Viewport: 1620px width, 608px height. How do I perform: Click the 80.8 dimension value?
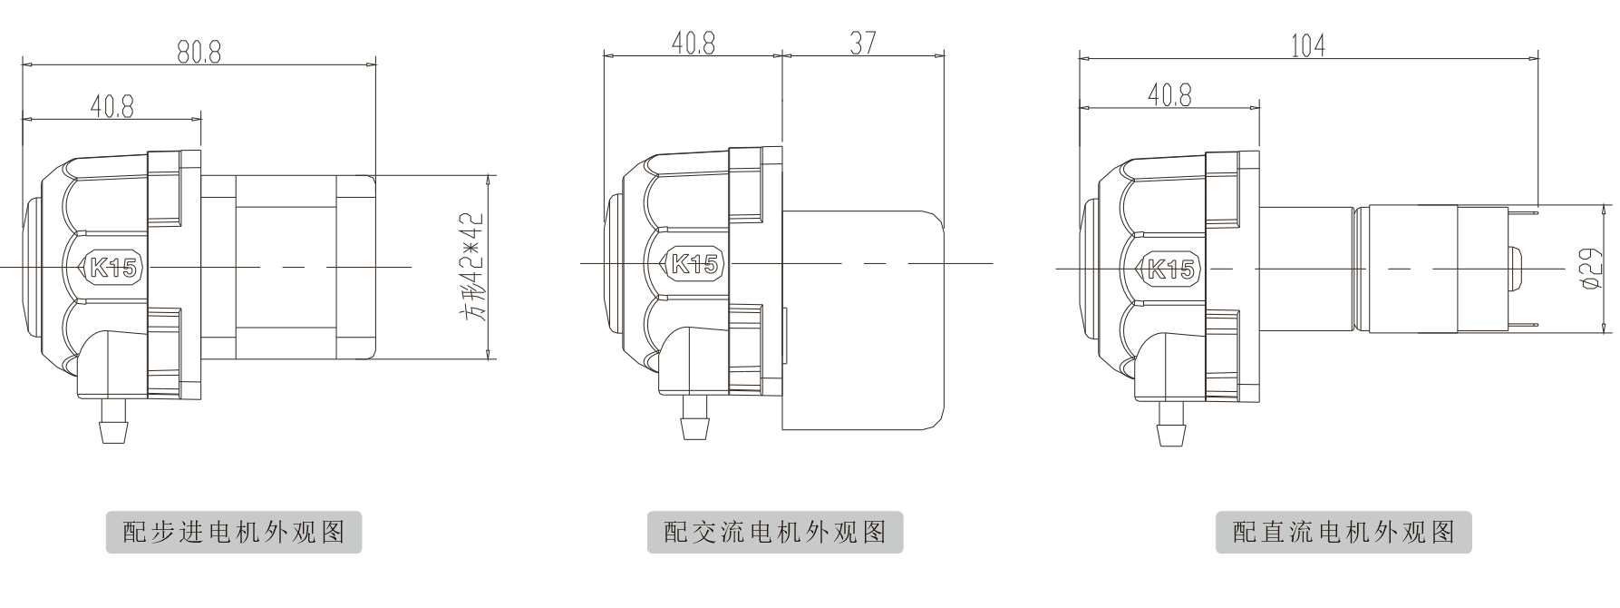pyautogui.click(x=199, y=52)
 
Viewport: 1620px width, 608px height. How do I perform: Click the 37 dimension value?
pyautogui.click(x=863, y=43)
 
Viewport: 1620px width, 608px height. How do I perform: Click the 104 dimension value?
pyautogui.click(x=1307, y=45)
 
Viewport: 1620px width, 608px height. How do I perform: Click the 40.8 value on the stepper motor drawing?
pyautogui.click(x=112, y=107)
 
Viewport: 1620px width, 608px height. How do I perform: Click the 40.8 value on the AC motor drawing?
pyautogui.click(x=693, y=43)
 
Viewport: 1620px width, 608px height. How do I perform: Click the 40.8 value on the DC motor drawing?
pyautogui.click(x=1169, y=94)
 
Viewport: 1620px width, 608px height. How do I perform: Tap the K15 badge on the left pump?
pyautogui.click(x=112, y=268)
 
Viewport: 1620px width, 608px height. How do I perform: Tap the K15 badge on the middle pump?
pyautogui.click(x=694, y=264)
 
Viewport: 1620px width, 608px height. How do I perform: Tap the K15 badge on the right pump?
pyautogui.click(x=1169, y=269)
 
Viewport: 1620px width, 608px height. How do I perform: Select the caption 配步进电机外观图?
pyautogui.click(x=234, y=532)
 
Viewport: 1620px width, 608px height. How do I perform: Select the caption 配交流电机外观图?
pyautogui.click(x=775, y=532)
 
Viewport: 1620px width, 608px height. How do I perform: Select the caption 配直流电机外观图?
pyautogui.click(x=1344, y=532)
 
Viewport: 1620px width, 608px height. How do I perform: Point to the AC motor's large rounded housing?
pyautogui.click(x=861, y=318)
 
